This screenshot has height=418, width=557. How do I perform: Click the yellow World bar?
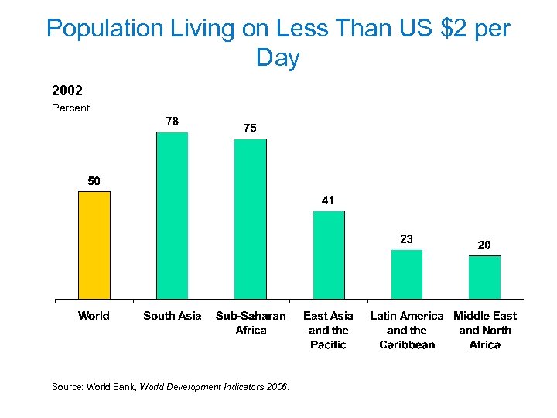[94, 245]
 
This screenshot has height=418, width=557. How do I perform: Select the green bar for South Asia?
[172, 215]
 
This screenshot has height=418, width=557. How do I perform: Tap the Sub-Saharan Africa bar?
[250, 218]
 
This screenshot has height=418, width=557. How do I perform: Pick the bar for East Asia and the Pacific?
[328, 255]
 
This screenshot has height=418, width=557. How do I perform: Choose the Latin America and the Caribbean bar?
[406, 274]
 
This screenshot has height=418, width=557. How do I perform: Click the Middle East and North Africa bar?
[484, 276]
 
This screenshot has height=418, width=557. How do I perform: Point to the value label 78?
[172, 121]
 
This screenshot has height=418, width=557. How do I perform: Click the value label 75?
[250, 128]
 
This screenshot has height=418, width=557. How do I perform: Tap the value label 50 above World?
[94, 181]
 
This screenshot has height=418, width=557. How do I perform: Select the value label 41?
[328, 200]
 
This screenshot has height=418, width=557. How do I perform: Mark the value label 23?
[406, 239]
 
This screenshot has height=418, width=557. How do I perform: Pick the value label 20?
[484, 245]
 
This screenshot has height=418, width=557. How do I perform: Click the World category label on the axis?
[94, 316]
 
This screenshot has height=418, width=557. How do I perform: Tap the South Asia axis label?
[172, 316]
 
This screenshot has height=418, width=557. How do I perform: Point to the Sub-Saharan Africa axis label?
[250, 323]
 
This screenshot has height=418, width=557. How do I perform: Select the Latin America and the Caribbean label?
[406, 330]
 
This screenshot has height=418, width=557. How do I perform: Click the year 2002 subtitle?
[67, 91]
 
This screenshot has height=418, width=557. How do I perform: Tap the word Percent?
[70, 108]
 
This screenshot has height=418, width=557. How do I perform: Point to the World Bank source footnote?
[170, 387]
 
